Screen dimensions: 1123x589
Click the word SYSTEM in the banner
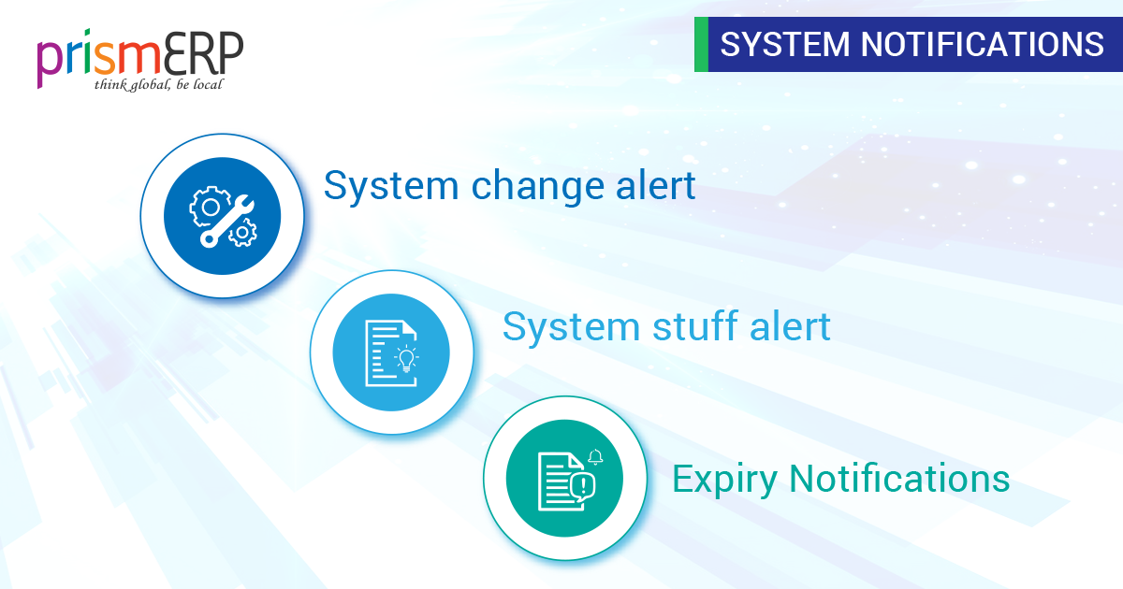coord(785,44)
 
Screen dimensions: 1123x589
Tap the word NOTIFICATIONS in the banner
coord(982,44)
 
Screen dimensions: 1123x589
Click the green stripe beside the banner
coord(701,44)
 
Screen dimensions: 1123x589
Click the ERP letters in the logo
coord(204,52)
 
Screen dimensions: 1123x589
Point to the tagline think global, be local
coord(158,85)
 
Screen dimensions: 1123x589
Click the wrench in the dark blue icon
coord(227,222)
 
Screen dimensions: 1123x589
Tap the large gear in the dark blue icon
coord(210,207)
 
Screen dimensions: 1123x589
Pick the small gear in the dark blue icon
coord(243,233)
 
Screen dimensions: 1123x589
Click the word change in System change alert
coord(537,186)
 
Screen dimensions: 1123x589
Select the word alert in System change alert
coord(655,185)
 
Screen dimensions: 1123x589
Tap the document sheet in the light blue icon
coord(390,353)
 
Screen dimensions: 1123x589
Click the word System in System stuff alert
coord(571,328)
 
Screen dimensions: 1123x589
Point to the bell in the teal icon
coord(595,457)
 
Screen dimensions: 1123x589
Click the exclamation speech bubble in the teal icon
coord(582,486)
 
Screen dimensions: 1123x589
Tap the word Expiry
coord(724,480)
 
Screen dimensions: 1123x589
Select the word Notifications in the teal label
coord(899,479)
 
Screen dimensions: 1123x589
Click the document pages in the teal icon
coord(557,481)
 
